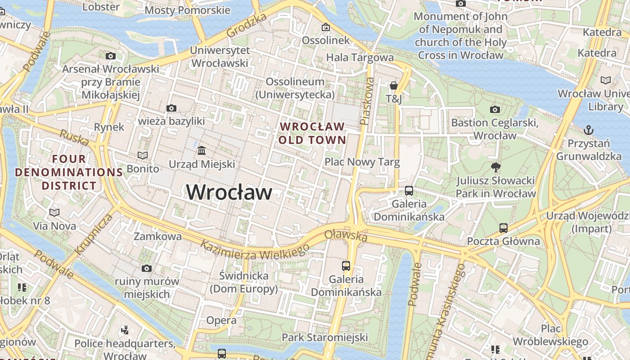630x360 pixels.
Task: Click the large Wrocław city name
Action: [229, 192]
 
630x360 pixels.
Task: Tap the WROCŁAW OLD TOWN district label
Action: [312, 133]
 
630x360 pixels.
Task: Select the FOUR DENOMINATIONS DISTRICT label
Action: [69, 172]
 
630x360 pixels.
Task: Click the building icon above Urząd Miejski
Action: [202, 150]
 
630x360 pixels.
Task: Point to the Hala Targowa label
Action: [360, 57]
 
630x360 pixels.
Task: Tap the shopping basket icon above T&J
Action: [394, 85]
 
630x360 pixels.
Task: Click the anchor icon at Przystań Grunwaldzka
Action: [589, 130]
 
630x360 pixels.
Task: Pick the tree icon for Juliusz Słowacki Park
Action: [496, 168]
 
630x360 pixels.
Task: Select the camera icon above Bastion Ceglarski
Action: [495, 109]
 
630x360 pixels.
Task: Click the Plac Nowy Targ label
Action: [362, 162]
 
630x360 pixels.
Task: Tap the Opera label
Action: [221, 320]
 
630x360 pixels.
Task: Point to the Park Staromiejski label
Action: [325, 337]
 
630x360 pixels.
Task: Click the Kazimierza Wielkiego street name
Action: [255, 250]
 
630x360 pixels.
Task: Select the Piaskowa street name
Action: [368, 101]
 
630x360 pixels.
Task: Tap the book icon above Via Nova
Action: [54, 212]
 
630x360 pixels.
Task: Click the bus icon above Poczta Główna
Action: [503, 228]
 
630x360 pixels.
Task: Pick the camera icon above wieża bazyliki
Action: [171, 108]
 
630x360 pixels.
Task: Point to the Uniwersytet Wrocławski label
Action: [220, 57]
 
